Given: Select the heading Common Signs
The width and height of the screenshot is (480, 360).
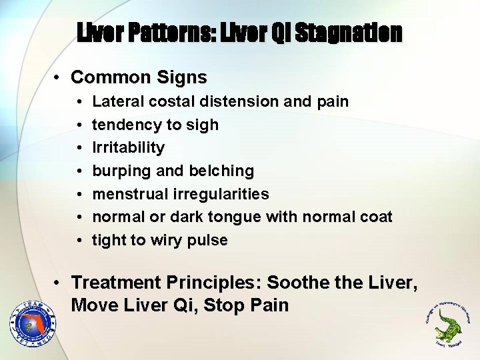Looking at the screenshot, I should pyautogui.click(x=139, y=77).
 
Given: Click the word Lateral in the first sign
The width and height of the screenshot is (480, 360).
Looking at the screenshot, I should pyautogui.click(x=115, y=101).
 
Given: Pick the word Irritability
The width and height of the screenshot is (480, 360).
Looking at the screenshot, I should pyautogui.click(x=128, y=147).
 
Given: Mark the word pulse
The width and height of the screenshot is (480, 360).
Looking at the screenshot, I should pyautogui.click(x=209, y=240).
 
